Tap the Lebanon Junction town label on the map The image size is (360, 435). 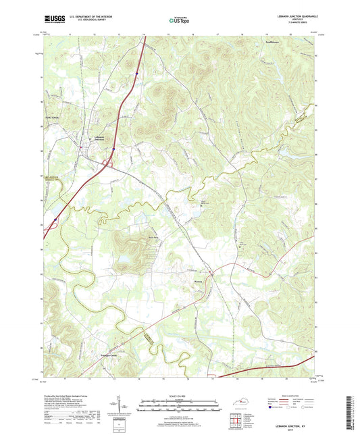tap(99, 136)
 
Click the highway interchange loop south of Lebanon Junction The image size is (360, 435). tap(107, 162)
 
